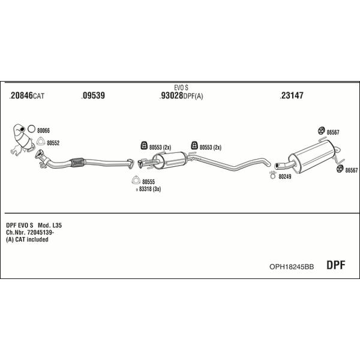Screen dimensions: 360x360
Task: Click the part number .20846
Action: pyautogui.click(x=21, y=95)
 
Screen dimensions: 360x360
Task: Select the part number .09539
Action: pyautogui.click(x=93, y=95)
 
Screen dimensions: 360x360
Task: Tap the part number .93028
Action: pyautogui.click(x=171, y=95)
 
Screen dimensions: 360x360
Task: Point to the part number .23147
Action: pyautogui.click(x=292, y=95)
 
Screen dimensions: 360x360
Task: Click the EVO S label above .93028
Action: pyautogui.click(x=181, y=88)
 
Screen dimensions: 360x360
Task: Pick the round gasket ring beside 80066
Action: pyautogui.click(x=31, y=129)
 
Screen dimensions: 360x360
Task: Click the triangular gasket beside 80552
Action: pyautogui.click(x=41, y=142)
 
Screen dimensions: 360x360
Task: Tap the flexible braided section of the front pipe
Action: pyautogui.click(x=78, y=162)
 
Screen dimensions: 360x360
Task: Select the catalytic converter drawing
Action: pyautogui.click(x=23, y=139)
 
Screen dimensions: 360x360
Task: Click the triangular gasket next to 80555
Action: pyautogui.click(x=136, y=180)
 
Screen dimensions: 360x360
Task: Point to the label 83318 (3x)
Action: pyautogui.click(x=150, y=189)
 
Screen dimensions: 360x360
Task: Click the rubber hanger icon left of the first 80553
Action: pyautogui.click(x=144, y=146)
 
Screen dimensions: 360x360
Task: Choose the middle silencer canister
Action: pyautogui.click(x=170, y=160)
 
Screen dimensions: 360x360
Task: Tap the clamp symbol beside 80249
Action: pyautogui.click(x=272, y=175)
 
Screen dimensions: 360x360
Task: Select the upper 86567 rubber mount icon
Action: pyautogui.click(x=321, y=131)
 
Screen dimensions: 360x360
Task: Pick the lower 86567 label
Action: pyautogui.click(x=352, y=170)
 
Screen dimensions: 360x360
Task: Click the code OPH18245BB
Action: pyautogui.click(x=292, y=267)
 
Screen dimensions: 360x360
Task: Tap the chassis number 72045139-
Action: pyautogui.click(x=41, y=232)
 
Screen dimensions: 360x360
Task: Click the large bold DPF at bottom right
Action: pyautogui.click(x=335, y=265)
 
